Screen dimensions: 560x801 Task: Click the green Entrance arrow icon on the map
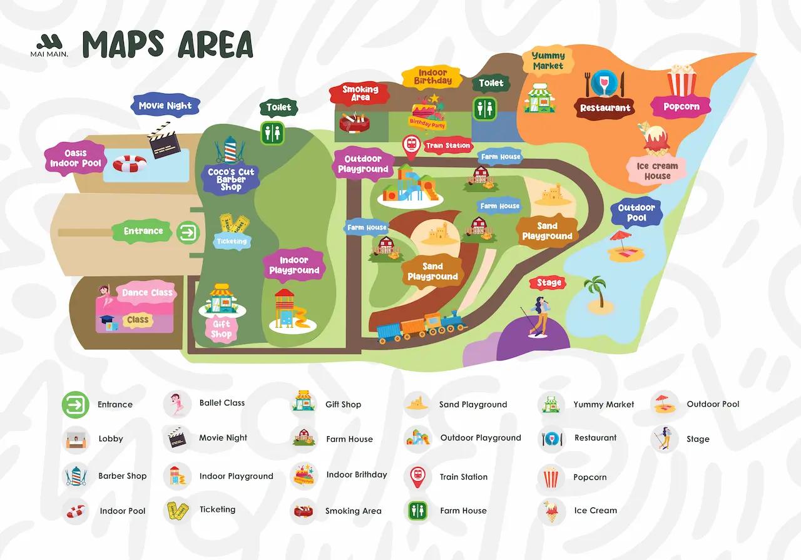(187, 232)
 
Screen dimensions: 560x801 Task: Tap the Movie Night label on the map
(165, 106)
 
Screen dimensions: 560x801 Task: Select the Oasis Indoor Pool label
(74, 158)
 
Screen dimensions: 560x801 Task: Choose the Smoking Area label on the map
(360, 93)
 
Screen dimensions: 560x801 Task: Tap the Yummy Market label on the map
(548, 61)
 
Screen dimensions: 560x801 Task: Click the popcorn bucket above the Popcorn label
(681, 81)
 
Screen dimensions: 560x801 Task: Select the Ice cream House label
(657, 171)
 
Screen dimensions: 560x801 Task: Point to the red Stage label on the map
(549, 283)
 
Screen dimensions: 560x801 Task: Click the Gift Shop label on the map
(221, 329)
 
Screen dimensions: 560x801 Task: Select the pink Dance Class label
(147, 293)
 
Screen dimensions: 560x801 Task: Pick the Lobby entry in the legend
(110, 439)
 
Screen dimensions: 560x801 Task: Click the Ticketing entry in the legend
(217, 509)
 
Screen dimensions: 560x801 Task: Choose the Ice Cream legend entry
(595, 511)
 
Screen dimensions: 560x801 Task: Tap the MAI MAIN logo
(49, 46)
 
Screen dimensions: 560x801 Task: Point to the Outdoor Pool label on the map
(636, 213)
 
